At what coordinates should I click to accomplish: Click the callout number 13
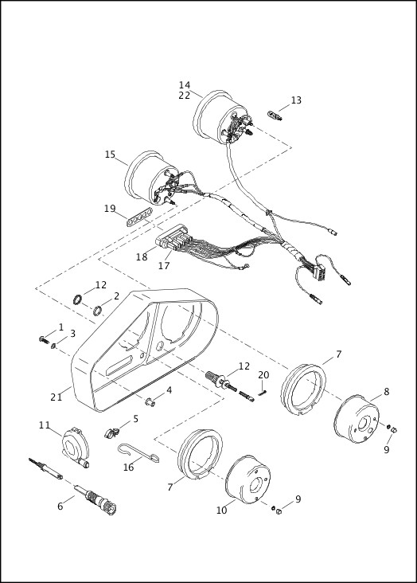click(296, 100)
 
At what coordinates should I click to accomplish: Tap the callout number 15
click(110, 155)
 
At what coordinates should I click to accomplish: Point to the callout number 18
click(142, 257)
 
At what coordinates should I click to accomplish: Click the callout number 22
click(185, 96)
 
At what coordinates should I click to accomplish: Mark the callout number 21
click(56, 397)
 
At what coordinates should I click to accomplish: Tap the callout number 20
click(263, 374)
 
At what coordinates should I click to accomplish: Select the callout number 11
click(45, 425)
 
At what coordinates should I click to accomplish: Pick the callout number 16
click(128, 468)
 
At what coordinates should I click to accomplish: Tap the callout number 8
click(386, 392)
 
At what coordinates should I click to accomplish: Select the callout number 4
click(168, 390)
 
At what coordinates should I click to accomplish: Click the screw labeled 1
click(41, 340)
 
